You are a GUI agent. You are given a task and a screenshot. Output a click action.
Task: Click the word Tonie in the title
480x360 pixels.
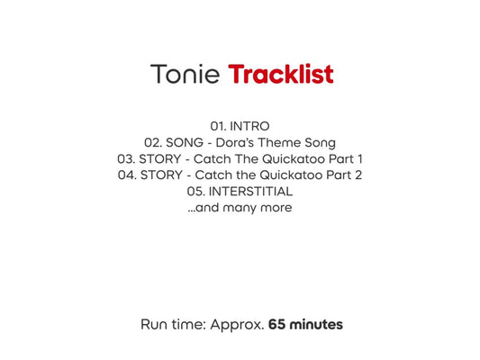tap(185, 74)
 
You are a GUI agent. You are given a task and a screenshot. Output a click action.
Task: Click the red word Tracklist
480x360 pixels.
tap(281, 74)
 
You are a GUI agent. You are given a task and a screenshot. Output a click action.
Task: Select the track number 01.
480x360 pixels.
tap(218, 126)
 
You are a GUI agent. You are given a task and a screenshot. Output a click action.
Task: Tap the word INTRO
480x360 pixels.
tap(249, 126)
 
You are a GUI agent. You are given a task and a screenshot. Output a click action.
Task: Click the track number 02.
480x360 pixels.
tap(153, 142)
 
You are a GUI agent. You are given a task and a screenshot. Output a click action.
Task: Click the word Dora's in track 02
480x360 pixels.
tap(239, 142)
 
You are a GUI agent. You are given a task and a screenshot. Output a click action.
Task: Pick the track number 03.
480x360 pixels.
tap(126, 158)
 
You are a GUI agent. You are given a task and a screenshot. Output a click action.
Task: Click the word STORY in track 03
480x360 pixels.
tap(163, 158)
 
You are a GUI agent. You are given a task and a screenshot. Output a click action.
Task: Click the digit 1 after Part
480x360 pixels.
tap(359, 158)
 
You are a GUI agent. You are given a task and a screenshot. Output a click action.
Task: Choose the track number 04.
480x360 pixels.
tap(127, 175)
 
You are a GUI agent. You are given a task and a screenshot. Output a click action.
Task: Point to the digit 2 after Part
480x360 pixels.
tap(358, 175)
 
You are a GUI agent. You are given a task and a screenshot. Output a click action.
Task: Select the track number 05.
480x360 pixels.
tap(195, 191)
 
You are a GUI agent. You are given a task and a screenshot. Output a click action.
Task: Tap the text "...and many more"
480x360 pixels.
tap(240, 207)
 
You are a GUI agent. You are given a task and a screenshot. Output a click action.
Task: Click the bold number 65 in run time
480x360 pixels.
tap(277, 324)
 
